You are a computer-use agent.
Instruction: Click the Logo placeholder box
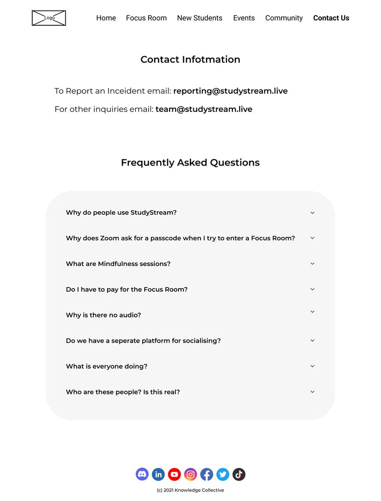tap(49, 18)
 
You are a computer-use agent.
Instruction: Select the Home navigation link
tap(106, 18)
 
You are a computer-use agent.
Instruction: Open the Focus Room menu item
tap(146, 18)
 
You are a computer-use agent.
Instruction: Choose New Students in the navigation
tap(200, 18)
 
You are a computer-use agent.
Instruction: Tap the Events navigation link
tap(244, 18)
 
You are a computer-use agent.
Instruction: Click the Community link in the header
tap(284, 18)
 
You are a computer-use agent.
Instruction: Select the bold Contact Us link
tap(331, 18)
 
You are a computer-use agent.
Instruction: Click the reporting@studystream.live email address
tap(231, 91)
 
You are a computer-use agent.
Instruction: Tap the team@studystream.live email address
tap(204, 109)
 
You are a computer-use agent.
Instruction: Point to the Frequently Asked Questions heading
tap(190, 163)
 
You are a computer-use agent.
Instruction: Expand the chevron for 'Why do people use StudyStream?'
tap(312, 213)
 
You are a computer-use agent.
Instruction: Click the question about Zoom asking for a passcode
tap(180, 238)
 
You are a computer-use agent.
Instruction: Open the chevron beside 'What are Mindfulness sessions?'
tap(312, 264)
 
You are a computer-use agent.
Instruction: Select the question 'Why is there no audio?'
tap(103, 315)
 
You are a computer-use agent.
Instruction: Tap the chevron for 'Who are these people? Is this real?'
tap(312, 392)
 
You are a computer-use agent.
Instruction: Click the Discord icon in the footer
tap(142, 474)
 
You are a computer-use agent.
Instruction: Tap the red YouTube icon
tap(174, 474)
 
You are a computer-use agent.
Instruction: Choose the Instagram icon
tap(190, 474)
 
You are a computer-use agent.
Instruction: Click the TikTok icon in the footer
tap(239, 474)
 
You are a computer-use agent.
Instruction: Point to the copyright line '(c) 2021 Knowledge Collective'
tap(190, 490)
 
